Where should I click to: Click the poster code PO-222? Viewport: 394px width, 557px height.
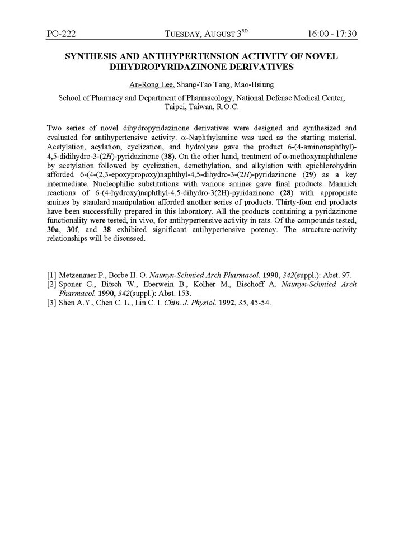pyautogui.click(x=62, y=35)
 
